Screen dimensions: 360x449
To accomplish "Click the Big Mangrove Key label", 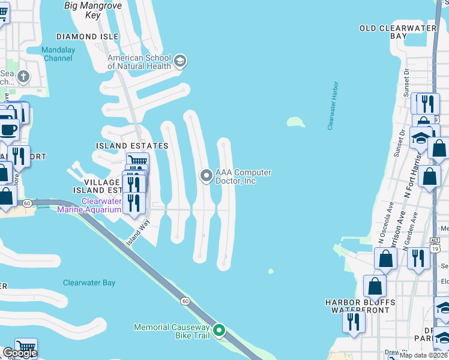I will pos(84,10).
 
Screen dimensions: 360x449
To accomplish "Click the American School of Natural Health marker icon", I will pos(180,61).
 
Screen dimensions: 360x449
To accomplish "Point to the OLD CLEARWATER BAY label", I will pos(400,32).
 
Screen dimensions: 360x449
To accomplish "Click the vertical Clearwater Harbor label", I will pos(333,106).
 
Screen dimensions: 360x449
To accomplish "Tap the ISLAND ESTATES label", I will pos(132,146).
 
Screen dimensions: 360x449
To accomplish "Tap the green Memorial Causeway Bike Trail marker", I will pos(219,331).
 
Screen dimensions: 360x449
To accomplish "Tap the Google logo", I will pos(20,352).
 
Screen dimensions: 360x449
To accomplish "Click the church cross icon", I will pos(23,76).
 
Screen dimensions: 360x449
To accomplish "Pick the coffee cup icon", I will pos(8,129).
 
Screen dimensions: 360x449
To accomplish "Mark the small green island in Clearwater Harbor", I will pos(295,122).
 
